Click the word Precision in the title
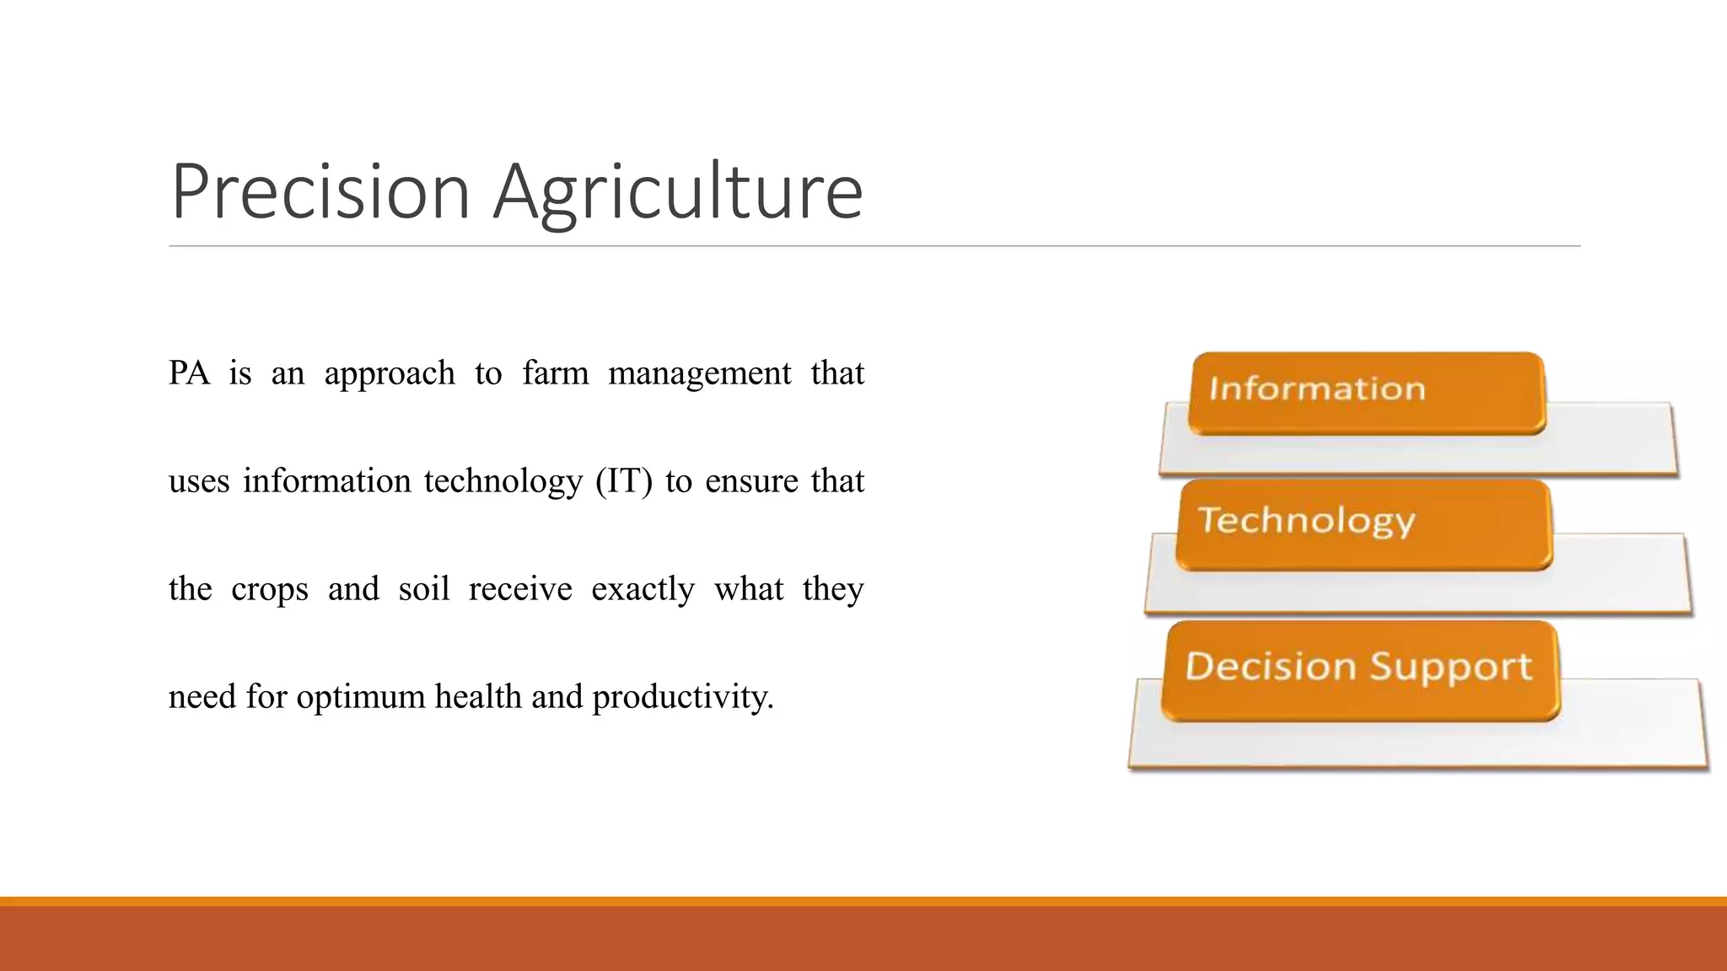point(320,192)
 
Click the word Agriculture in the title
point(678,192)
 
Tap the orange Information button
point(1366,392)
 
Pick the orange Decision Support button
point(1359,669)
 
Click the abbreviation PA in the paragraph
point(189,373)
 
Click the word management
point(699,373)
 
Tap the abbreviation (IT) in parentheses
point(624,481)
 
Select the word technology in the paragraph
point(503,481)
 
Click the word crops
point(270,589)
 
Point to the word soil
point(423,588)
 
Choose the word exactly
point(643,589)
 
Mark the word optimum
point(361,697)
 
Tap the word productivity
point(682,697)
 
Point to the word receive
point(519,589)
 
